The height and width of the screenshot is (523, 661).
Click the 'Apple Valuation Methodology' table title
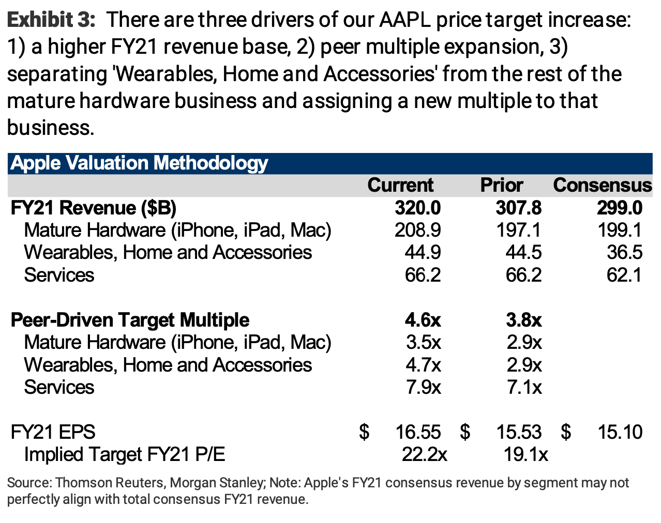139,163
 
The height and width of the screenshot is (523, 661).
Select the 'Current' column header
400,185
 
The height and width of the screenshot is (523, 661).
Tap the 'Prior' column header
501,185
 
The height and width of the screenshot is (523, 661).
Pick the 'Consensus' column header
602,185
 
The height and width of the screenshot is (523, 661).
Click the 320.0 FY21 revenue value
417,208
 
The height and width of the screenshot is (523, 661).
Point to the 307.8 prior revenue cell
518,208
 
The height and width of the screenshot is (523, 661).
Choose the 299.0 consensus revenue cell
619,208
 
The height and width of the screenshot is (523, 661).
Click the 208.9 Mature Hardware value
417,230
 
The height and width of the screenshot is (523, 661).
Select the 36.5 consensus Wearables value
624,252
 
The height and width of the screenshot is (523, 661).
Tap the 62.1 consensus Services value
624,274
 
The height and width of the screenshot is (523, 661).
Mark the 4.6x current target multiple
423,320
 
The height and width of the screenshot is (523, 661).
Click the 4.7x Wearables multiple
423,365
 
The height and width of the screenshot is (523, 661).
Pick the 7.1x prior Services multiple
524,387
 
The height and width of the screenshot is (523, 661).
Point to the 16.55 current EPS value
418,432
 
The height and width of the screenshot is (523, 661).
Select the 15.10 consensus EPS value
620,432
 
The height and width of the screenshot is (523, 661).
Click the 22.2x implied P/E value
424,454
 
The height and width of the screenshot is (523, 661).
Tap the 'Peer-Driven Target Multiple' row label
130,320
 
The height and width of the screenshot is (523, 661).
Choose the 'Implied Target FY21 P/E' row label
125,454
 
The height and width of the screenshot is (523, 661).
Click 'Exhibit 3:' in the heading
51,20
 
